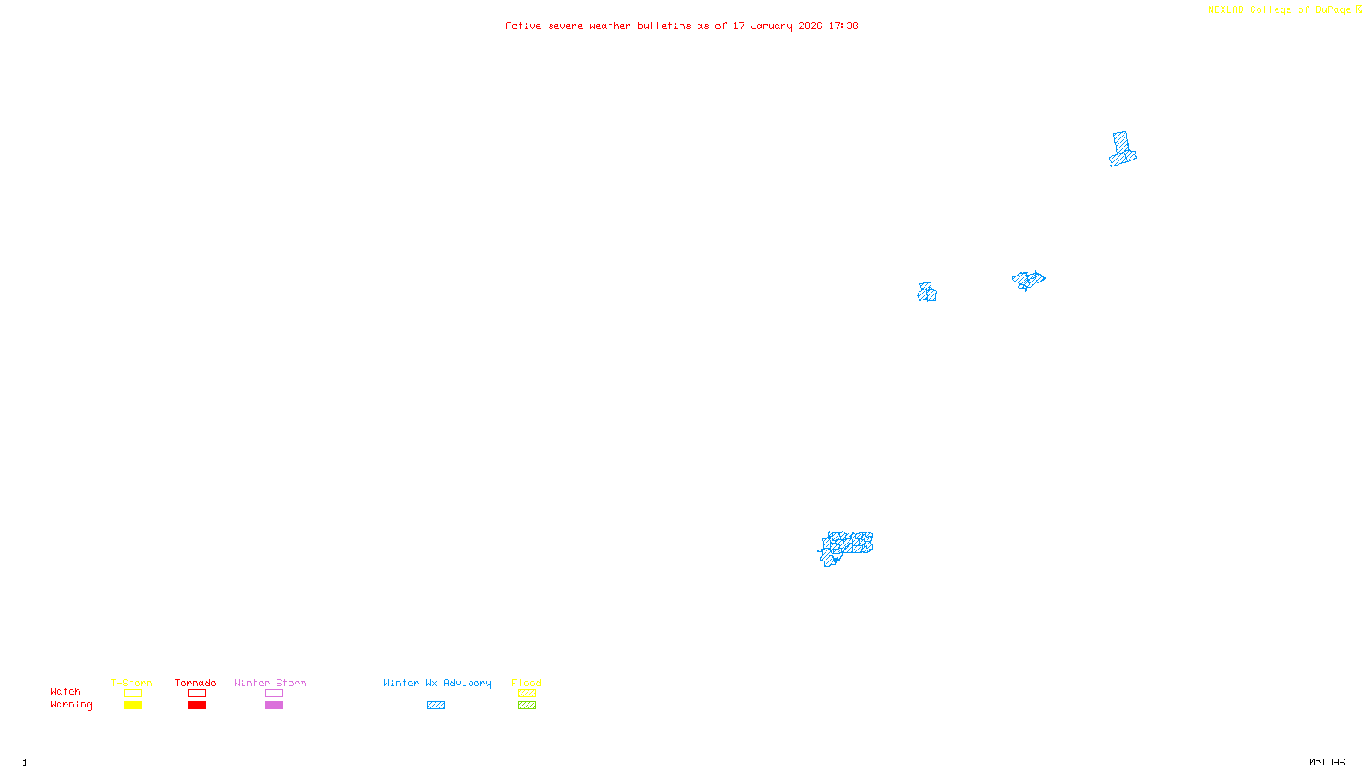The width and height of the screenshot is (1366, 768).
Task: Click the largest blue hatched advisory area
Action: [846, 545]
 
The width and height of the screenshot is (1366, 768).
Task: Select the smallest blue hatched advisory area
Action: [927, 293]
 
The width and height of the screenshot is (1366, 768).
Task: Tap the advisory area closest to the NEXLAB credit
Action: [1122, 150]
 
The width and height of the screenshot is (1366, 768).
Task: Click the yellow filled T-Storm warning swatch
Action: [132, 706]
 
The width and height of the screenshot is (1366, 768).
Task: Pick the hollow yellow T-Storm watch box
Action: [132, 694]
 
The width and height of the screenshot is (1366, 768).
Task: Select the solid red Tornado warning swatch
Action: [196, 706]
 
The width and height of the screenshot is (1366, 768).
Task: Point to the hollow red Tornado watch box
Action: [196, 694]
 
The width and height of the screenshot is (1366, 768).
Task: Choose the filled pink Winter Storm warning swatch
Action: [273, 706]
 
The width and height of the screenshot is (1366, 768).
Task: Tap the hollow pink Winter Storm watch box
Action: [273, 694]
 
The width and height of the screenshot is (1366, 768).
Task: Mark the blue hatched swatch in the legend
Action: [435, 706]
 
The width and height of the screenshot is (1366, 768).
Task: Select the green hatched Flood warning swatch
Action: [527, 706]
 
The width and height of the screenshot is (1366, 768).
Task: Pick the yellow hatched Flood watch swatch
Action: [527, 694]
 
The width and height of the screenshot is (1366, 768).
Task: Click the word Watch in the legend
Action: [66, 692]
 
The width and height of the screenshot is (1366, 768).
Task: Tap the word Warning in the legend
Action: [71, 705]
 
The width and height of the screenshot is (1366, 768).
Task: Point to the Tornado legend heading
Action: [196, 683]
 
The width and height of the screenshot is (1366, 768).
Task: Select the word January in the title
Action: [772, 26]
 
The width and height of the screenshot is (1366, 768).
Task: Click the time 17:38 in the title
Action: [844, 26]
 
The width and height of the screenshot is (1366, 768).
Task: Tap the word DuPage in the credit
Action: [1333, 10]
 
